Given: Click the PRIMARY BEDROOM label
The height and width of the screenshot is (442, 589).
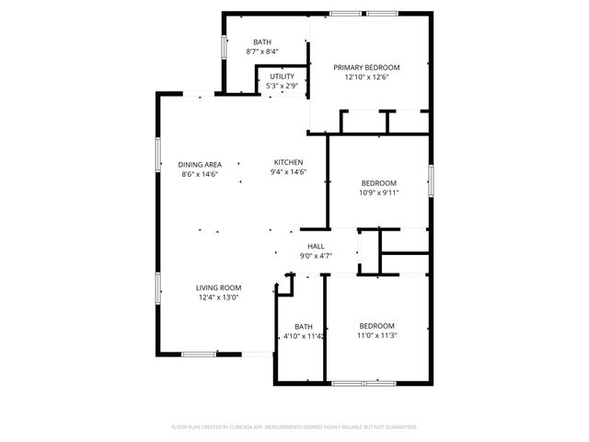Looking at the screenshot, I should pos(366,67).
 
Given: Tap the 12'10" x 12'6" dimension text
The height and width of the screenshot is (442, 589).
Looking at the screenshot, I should pos(366,77).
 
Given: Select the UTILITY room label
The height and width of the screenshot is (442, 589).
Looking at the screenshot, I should pos(282,76).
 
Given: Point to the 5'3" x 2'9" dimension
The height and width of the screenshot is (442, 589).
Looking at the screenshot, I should pos(282,87).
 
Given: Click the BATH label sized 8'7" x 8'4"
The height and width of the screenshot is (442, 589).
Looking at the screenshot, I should pos(262,41).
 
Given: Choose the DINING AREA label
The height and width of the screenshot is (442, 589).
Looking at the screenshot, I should pos(200,164).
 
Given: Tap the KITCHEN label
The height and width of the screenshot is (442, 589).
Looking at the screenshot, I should pos(288,162).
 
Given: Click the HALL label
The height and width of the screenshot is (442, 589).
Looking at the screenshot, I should pos(316,246).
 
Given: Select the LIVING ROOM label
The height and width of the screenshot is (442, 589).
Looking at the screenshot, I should pos(218,287).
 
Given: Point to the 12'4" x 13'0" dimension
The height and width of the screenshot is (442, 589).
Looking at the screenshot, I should pos(218,297).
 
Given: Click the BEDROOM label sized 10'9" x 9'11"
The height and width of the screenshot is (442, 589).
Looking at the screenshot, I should pos(378,182).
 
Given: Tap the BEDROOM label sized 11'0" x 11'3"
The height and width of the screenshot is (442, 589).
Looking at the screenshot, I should pos(376,326).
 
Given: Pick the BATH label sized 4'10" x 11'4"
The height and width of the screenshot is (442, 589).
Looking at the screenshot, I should pos(303,327).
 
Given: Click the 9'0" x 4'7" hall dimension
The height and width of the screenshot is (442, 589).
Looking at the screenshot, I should pos(316,256).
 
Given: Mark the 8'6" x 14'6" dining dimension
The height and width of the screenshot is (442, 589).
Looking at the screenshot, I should pos(200,174).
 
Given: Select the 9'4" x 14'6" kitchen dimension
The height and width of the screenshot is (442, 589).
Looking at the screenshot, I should pos(288,172).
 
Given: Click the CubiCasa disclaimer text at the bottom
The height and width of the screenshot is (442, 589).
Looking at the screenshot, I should pos(294,427).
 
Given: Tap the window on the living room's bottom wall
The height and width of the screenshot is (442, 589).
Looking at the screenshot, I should pos(199,354).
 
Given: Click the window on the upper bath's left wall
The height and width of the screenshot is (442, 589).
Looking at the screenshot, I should pos(221,46).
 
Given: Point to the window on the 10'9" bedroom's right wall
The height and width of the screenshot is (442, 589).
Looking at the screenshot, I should pos(430,180).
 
